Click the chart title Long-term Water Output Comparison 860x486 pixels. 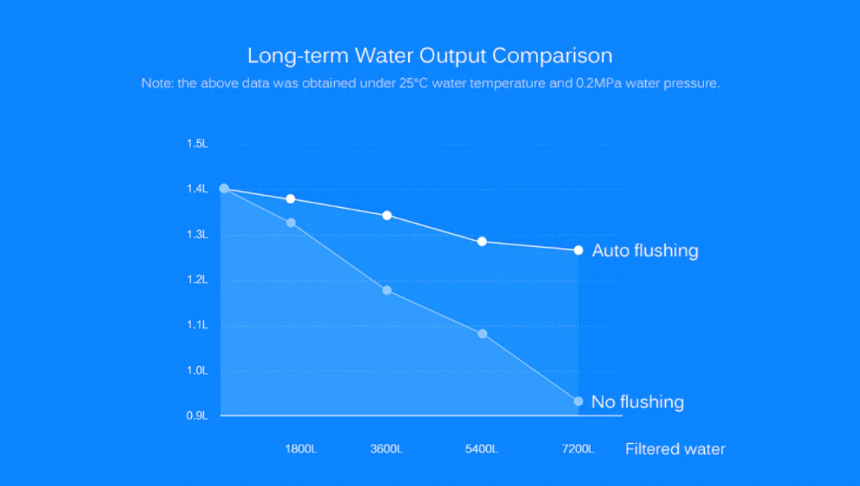430,56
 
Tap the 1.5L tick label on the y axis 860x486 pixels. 197,144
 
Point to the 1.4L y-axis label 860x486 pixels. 197,189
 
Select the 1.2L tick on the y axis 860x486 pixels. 197,280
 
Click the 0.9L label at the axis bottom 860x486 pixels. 197,416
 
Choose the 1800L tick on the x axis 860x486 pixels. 300,449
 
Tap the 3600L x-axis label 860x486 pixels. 386,449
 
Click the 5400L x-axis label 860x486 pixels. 482,449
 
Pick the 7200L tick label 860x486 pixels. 577,449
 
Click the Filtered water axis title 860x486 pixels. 675,449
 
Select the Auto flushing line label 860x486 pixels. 645,251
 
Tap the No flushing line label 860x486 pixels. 638,402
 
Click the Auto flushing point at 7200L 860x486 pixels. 579,251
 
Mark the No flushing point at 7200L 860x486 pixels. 579,401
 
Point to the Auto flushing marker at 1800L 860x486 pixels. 290,199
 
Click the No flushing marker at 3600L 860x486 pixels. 387,290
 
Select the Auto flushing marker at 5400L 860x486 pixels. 482,241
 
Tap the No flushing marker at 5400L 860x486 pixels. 482,334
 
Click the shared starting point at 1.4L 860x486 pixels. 224,188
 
